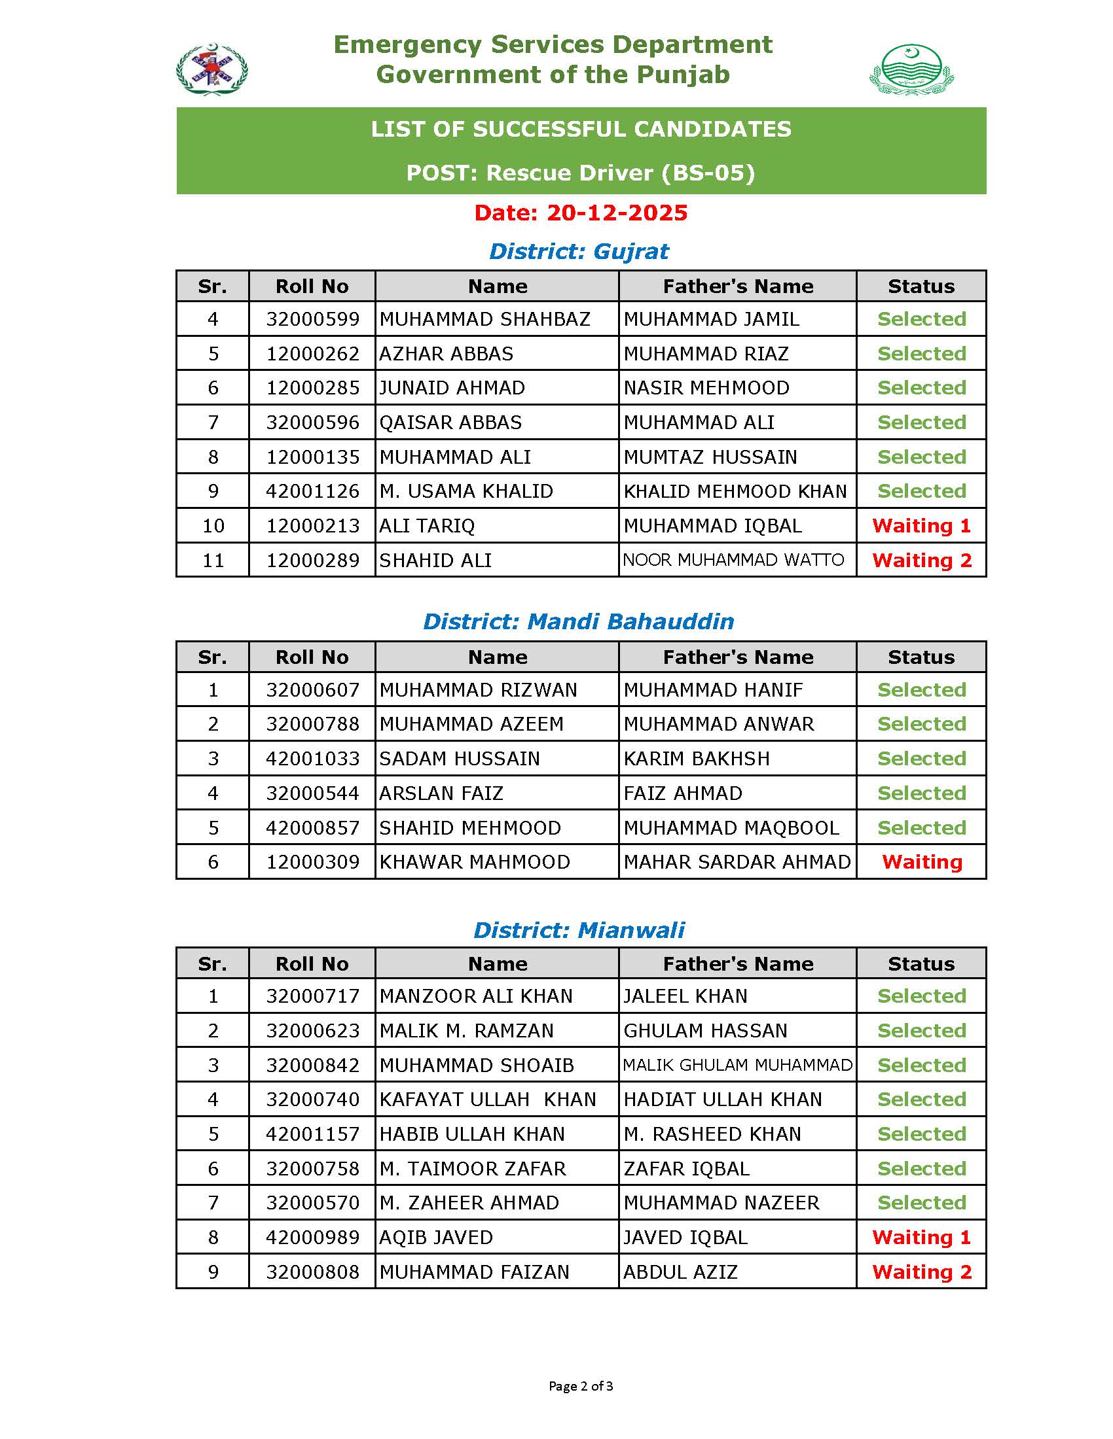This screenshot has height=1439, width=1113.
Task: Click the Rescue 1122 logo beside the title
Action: [211, 69]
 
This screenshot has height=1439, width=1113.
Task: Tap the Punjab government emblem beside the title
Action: [911, 69]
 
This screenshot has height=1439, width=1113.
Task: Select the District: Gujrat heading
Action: [579, 251]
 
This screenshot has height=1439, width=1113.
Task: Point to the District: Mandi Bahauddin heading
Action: [578, 621]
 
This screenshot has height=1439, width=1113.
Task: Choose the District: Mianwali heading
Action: [579, 929]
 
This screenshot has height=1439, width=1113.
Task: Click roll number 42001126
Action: [312, 491]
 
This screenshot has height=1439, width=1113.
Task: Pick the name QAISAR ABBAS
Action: [450, 423]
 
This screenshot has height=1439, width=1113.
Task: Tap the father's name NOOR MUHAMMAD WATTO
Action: [733, 560]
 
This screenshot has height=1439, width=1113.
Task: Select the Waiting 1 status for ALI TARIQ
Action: [921, 526]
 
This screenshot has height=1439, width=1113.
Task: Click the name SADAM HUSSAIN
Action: [460, 758]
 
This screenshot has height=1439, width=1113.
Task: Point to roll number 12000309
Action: [312, 862]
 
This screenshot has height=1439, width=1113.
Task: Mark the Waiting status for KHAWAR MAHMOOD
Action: [922, 862]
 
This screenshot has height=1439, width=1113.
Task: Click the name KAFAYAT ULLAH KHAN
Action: [487, 1099]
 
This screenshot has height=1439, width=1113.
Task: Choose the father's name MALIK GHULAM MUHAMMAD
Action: [737, 1065]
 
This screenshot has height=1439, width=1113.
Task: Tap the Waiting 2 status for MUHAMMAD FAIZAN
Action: [921, 1272]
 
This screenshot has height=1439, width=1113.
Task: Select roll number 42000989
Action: [312, 1238]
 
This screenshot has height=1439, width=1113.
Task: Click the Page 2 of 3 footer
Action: [580, 1386]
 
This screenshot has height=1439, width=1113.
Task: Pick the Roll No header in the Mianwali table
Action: [312, 964]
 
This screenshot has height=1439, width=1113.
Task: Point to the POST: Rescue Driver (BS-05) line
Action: [580, 173]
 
